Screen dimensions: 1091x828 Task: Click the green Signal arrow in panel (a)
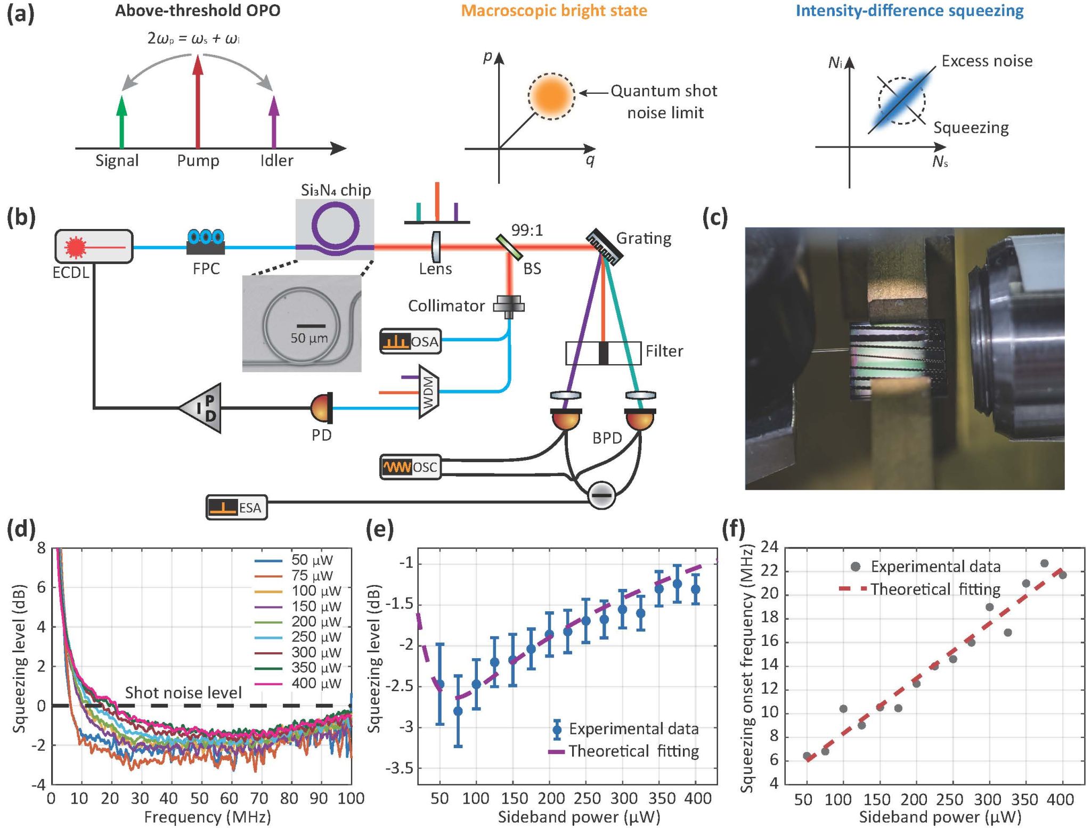[x=122, y=121]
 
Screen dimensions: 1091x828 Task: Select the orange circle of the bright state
[x=551, y=96]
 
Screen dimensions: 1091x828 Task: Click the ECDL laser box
[x=94, y=247]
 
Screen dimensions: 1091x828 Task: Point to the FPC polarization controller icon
[x=206, y=242]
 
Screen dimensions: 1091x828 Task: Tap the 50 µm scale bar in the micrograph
[x=311, y=325]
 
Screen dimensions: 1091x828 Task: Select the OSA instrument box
[x=410, y=341]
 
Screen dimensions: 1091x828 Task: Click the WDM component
[x=429, y=392]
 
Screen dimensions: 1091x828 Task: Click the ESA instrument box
[x=237, y=507]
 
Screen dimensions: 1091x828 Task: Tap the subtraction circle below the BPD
[x=602, y=495]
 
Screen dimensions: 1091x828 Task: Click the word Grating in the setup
[x=644, y=239]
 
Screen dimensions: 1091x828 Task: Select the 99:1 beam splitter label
[x=527, y=230]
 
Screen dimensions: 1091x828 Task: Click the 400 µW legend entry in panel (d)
[x=298, y=683]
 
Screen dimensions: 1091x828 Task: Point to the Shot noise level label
[x=183, y=693]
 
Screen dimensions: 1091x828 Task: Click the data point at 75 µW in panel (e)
[x=458, y=711]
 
